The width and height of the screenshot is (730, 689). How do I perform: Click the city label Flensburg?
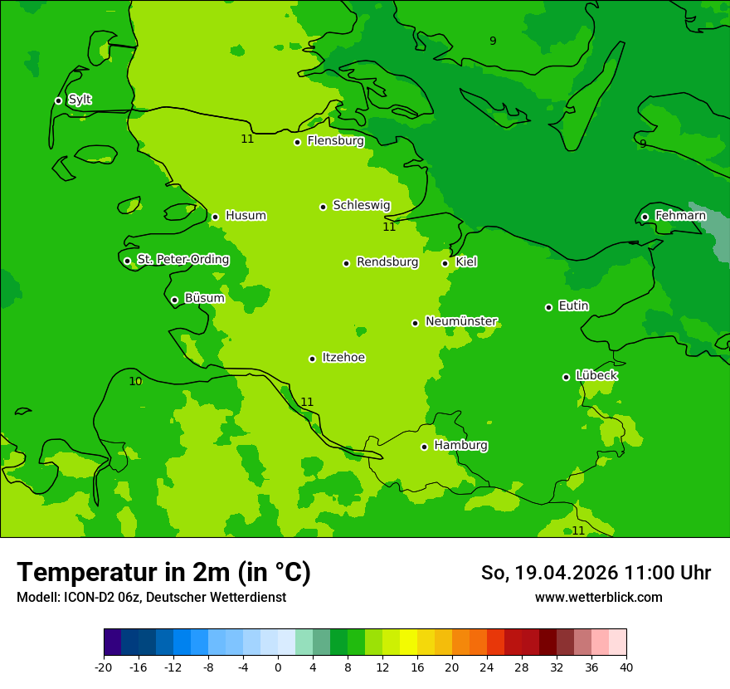pos(335,141)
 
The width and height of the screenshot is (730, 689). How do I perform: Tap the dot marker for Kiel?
pos(445,263)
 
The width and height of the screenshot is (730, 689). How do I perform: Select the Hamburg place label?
pos(460,446)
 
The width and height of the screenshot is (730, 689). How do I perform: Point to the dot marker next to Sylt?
pos(58,100)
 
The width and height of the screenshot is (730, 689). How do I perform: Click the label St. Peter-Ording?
pos(182,260)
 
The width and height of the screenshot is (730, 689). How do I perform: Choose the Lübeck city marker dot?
pos(566,377)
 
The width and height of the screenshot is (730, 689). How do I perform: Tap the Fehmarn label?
pos(680,216)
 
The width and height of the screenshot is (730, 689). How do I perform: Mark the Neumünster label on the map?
pos(461,321)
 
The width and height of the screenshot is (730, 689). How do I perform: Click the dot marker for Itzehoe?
pos(312,359)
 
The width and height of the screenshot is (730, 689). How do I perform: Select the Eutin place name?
pos(573,306)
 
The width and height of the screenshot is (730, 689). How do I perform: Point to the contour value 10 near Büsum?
pos(135,382)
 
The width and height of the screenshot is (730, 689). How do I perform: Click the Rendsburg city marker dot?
pos(346,263)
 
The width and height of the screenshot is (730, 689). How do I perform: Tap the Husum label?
pos(246,216)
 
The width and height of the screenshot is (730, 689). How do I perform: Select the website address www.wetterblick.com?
pos(598,598)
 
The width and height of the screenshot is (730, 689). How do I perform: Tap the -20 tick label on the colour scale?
pos(104,667)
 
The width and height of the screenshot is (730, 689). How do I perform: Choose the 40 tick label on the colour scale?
pos(626,667)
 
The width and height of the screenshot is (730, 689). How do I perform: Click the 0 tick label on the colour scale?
pos(278,667)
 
